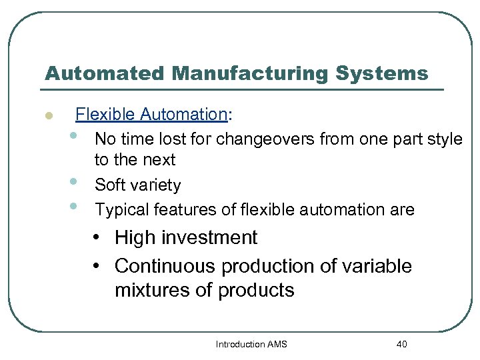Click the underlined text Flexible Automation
[151, 115]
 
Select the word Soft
[110, 185]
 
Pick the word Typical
[122, 210]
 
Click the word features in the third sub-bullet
[182, 210]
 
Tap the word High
[136, 237]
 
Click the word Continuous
[165, 266]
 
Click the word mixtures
[148, 291]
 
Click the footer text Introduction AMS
[252, 344]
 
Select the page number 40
[401, 344]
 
